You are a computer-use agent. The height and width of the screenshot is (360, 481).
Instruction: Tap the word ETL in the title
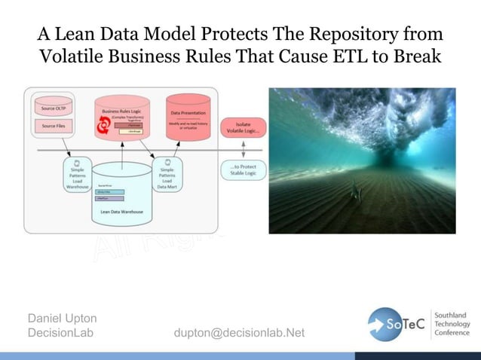pyautogui.click(x=366, y=57)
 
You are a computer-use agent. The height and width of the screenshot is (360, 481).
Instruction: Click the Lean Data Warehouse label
pyautogui.click(x=121, y=212)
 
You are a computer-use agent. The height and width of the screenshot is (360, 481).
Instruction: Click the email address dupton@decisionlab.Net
pyautogui.click(x=239, y=333)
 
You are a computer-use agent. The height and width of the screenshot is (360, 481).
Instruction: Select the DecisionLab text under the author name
pyautogui.click(x=60, y=333)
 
